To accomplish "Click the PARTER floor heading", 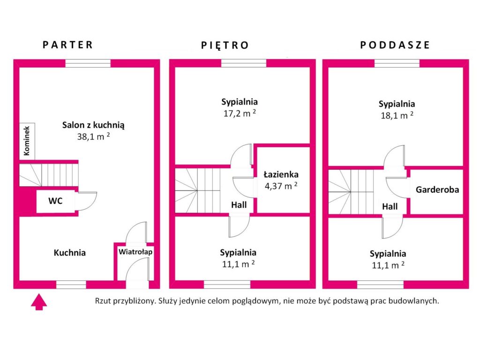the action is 67,45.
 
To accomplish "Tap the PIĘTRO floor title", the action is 225,45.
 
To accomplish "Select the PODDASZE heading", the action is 395,45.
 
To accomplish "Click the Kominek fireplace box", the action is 27,141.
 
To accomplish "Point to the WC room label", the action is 55,201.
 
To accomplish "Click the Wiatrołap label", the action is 135,252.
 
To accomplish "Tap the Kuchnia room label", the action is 69,253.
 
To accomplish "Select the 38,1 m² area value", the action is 93,136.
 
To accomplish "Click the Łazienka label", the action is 281,174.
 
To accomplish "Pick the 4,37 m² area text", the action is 281,186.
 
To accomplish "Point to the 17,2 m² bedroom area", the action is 240,113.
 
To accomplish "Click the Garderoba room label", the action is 437,190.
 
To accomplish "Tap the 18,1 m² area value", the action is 397,115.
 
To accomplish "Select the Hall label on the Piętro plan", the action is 239,205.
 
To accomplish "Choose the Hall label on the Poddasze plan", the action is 390,207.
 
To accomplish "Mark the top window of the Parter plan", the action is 88,63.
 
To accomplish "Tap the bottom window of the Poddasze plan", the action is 380,285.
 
